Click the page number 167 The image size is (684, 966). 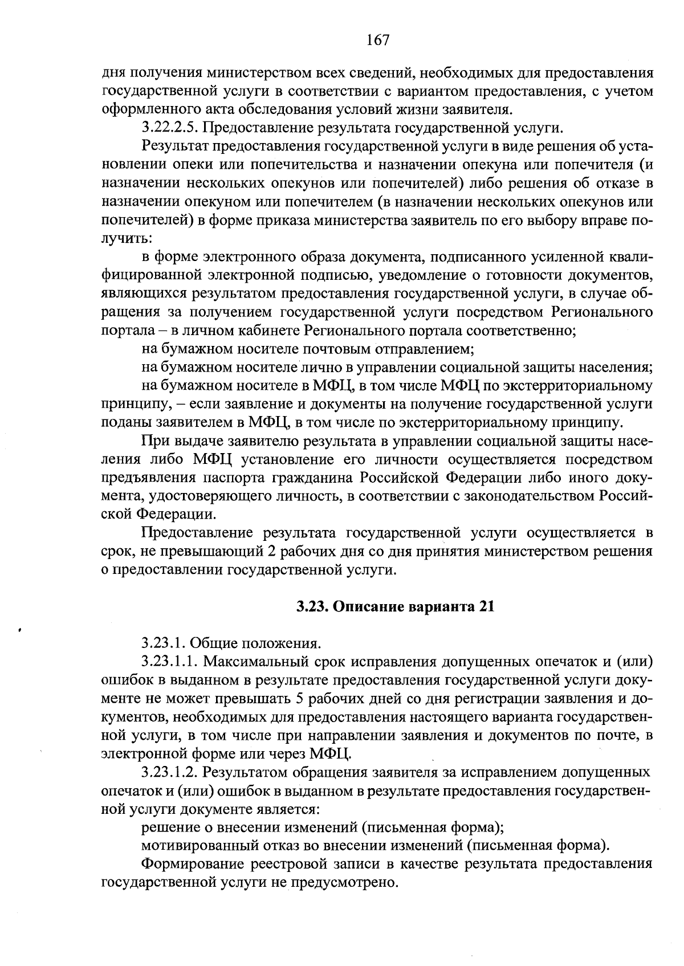click(x=377, y=40)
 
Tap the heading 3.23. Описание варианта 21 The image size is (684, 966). click(x=394, y=606)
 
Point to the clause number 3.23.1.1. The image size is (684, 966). click(x=169, y=662)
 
